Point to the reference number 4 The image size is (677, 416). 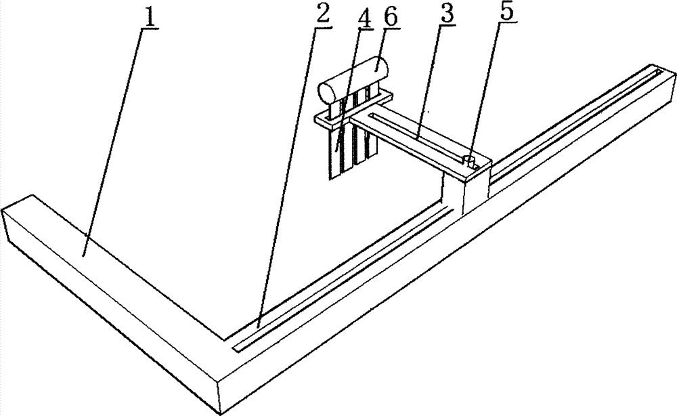tap(364, 19)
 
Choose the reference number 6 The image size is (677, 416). tap(391, 19)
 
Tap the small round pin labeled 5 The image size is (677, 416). tap(468, 160)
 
